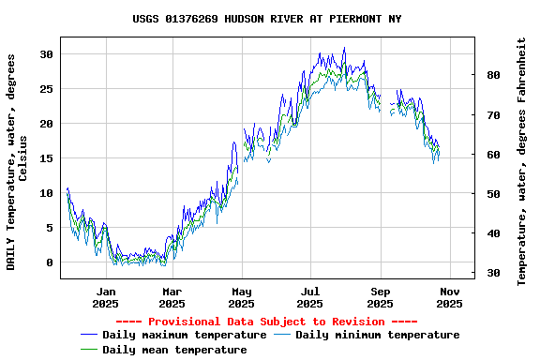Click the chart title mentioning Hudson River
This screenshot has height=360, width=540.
267,19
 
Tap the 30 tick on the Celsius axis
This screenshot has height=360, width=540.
47,54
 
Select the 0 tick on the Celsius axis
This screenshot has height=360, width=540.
51,262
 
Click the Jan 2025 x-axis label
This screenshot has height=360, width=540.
105,297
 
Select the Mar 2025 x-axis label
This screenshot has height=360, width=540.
172,297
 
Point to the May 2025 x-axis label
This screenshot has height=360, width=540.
242,297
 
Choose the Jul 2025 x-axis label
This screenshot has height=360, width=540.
310,297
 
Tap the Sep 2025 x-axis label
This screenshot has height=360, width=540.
380,297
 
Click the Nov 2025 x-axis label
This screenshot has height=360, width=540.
449,297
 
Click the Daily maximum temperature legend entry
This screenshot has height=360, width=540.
185,335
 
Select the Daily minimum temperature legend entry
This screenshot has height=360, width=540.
377,335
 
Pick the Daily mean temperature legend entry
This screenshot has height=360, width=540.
174,350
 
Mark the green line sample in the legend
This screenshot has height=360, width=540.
89,350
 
